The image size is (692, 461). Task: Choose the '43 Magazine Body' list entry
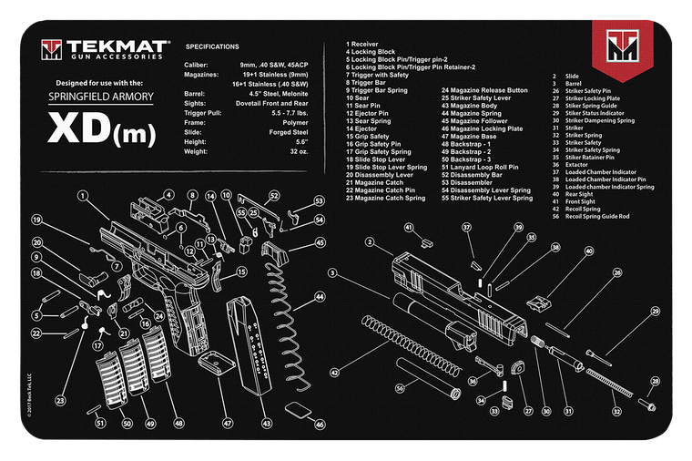(x=471, y=105)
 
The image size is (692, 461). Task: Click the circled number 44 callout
(x=320, y=295)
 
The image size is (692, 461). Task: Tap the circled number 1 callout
(x=82, y=195)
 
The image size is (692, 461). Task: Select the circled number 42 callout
(x=335, y=373)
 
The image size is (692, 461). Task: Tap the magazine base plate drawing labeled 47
(x=214, y=363)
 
